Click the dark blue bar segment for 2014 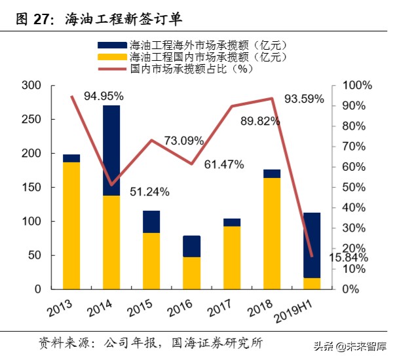coord(111,150)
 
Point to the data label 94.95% coord(103,96)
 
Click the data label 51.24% coord(149,192)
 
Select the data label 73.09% coord(183,141)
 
